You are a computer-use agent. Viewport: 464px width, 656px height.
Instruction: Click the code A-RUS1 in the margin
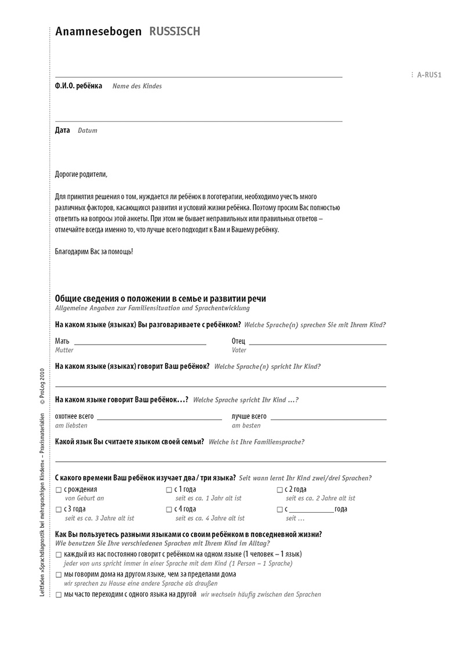(429, 75)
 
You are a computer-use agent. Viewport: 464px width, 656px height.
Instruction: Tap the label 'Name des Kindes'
(137, 86)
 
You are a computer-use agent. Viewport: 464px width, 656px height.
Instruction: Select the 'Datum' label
(88, 131)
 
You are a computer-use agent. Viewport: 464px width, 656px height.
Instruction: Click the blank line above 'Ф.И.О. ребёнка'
(198, 77)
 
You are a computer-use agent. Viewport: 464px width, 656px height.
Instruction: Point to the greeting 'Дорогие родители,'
(81, 174)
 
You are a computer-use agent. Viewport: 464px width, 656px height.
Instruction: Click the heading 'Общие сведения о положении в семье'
(161, 299)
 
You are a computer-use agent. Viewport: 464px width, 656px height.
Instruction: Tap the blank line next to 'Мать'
(140, 345)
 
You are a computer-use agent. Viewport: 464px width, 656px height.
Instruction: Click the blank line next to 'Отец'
(318, 345)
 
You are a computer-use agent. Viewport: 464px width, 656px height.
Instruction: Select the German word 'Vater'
(239, 350)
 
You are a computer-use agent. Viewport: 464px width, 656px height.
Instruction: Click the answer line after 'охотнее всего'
(159, 419)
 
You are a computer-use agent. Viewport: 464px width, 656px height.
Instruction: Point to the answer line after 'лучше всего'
(328, 419)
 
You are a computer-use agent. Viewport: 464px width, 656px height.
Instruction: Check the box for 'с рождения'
(59, 491)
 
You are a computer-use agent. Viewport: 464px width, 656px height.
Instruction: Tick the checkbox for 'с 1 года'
(169, 491)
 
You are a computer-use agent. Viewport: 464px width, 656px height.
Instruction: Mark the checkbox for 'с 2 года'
(280, 491)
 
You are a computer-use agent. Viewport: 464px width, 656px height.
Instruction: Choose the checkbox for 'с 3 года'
(59, 510)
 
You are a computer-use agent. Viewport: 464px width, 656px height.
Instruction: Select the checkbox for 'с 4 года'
(169, 510)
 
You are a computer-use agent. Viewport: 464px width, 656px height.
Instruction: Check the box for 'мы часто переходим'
(59, 595)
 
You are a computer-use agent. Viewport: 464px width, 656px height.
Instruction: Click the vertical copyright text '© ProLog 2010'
(41, 386)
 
